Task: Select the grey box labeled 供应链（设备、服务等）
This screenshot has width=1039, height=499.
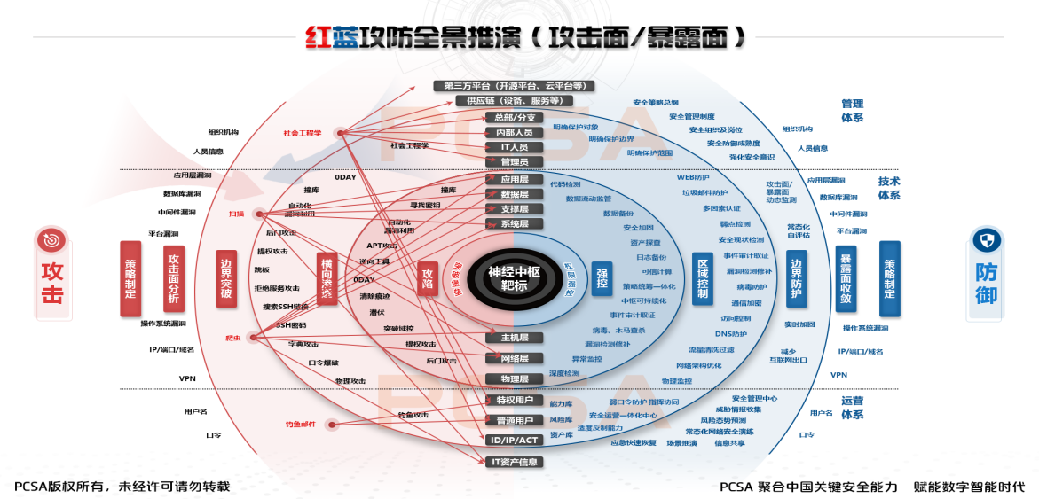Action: pyautogui.click(x=514, y=101)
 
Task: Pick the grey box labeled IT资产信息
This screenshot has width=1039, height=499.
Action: pyautogui.click(x=514, y=462)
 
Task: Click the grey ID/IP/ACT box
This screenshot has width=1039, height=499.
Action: pyautogui.click(x=514, y=440)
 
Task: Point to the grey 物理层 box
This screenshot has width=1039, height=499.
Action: pyautogui.click(x=514, y=378)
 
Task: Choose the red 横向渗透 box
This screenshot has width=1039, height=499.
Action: pyautogui.click(x=327, y=278)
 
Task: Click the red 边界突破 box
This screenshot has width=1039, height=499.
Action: pyautogui.click(x=226, y=278)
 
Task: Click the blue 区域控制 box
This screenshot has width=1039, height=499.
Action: pyautogui.click(x=702, y=278)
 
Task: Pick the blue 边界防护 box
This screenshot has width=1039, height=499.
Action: pyautogui.click(x=797, y=278)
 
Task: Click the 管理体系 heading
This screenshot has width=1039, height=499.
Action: pyautogui.click(x=852, y=111)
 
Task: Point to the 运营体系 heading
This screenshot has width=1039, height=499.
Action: pyautogui.click(x=852, y=407)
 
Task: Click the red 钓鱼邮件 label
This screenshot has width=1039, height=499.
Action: pyautogui.click(x=300, y=425)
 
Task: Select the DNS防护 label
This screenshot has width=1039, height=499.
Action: pyautogui.click(x=730, y=334)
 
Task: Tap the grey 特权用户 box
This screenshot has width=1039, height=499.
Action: pyautogui.click(x=514, y=400)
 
